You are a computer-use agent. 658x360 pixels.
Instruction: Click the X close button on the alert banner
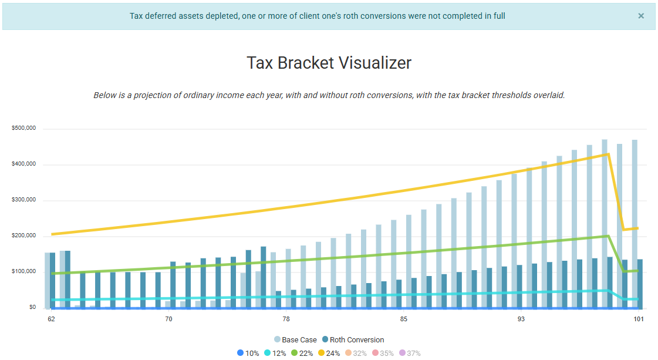click(x=641, y=16)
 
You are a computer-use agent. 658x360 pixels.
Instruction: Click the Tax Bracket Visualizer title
click(x=329, y=63)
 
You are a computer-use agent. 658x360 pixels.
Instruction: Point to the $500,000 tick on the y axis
click(x=24, y=128)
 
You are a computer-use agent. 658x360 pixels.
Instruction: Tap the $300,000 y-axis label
click(x=24, y=200)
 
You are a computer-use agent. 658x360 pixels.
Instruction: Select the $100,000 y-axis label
click(x=24, y=272)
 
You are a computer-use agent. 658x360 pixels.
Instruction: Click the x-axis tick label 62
click(x=52, y=319)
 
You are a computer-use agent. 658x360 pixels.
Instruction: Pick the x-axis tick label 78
click(x=286, y=319)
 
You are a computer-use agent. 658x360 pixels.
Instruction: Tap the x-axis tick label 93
click(x=521, y=319)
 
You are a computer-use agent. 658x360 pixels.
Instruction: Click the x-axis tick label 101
click(x=638, y=319)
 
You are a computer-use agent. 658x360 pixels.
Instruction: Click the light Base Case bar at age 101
click(x=635, y=223)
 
